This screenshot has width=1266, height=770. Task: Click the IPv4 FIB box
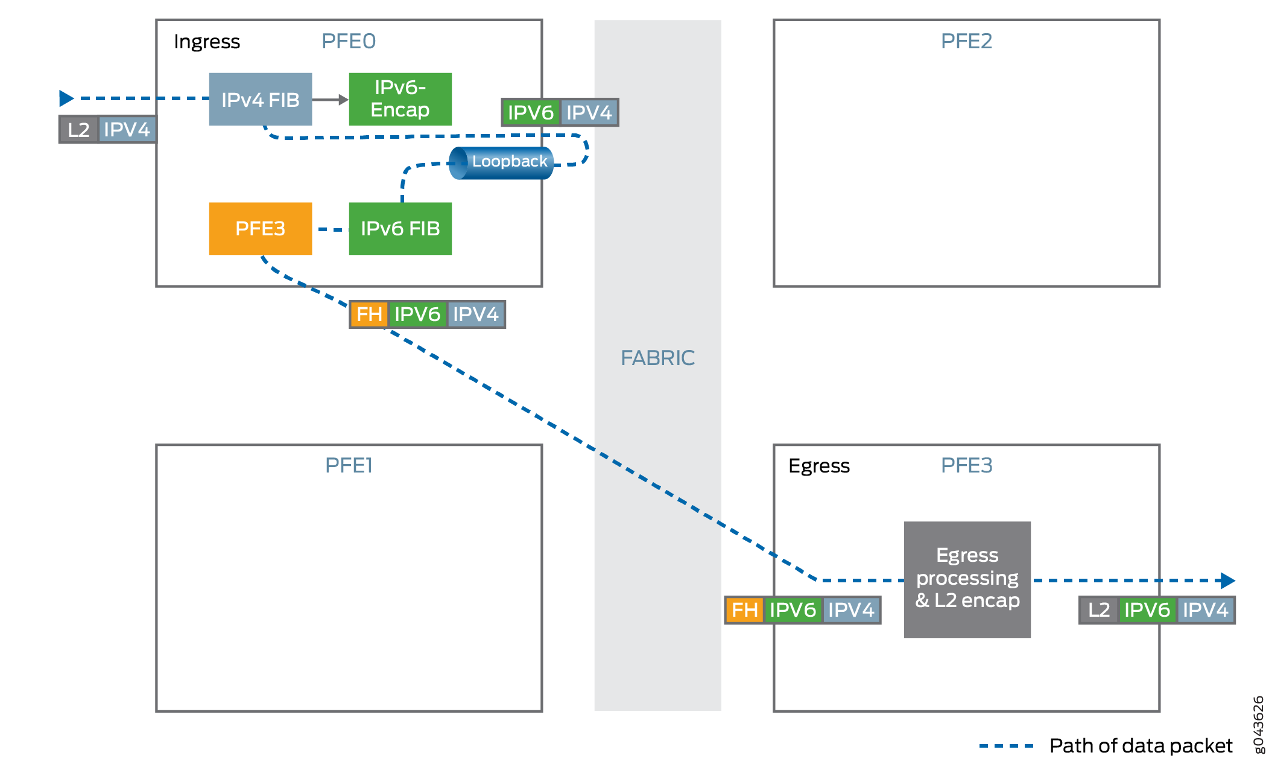[x=260, y=100]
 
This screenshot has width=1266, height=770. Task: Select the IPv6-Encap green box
[x=400, y=99]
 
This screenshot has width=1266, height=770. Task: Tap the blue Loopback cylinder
[x=502, y=162]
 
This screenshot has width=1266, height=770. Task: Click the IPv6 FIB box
[x=400, y=229]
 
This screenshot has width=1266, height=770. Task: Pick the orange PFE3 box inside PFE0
[x=260, y=229]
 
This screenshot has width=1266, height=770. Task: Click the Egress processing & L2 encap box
[x=967, y=579]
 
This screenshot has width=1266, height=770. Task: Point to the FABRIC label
[x=657, y=358]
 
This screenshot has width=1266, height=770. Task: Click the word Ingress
[x=207, y=42]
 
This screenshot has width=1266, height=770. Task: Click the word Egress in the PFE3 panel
[x=818, y=466]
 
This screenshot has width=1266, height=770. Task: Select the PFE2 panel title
[x=966, y=41]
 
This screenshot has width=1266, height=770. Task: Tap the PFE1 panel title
[x=349, y=465]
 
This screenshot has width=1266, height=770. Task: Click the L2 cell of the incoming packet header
[x=79, y=130]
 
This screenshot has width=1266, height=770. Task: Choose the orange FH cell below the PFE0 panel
[x=369, y=314]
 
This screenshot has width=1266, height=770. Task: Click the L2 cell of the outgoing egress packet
[x=1098, y=609]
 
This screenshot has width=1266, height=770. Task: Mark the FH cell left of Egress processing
[x=744, y=609]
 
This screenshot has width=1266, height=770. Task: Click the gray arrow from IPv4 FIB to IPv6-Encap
[x=330, y=100]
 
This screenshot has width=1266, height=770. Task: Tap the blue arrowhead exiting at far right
[x=1227, y=581]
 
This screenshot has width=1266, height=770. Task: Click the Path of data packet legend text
[x=1141, y=746]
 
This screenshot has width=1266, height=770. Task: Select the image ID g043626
[x=1258, y=724]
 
